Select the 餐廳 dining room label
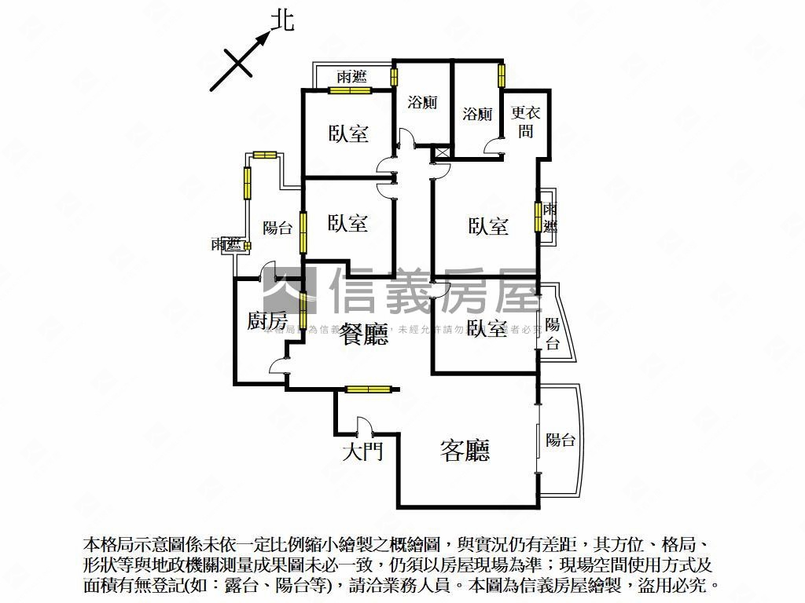364,336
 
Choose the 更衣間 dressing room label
524,122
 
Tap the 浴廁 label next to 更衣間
477,114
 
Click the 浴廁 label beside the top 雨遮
423,102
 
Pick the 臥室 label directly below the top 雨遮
348,133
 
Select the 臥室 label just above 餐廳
348,224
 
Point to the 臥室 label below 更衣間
488,227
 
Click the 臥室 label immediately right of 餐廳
486,328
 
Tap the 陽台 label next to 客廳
561,440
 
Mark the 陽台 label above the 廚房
278,228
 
